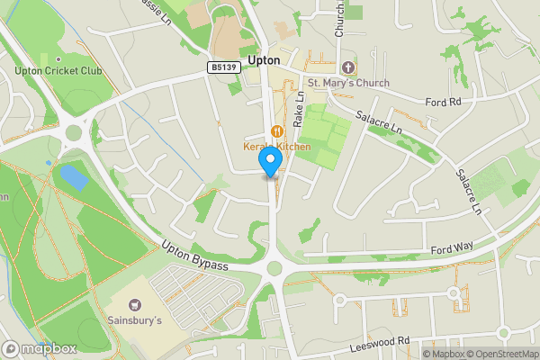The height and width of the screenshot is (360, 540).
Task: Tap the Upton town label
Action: coord(264,60)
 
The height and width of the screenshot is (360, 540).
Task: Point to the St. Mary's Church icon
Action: coord(348,67)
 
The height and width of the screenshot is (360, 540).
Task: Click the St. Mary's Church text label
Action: coord(348,84)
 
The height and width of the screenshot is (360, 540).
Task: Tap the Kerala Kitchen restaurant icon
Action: coord(276,131)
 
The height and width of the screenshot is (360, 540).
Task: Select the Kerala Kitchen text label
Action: coord(276,147)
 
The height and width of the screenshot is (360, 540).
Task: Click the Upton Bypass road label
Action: coord(194,254)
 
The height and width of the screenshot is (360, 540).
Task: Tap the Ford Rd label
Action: coord(443,102)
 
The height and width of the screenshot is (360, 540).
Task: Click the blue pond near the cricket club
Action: coord(73,176)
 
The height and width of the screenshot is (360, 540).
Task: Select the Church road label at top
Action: coord(340,18)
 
